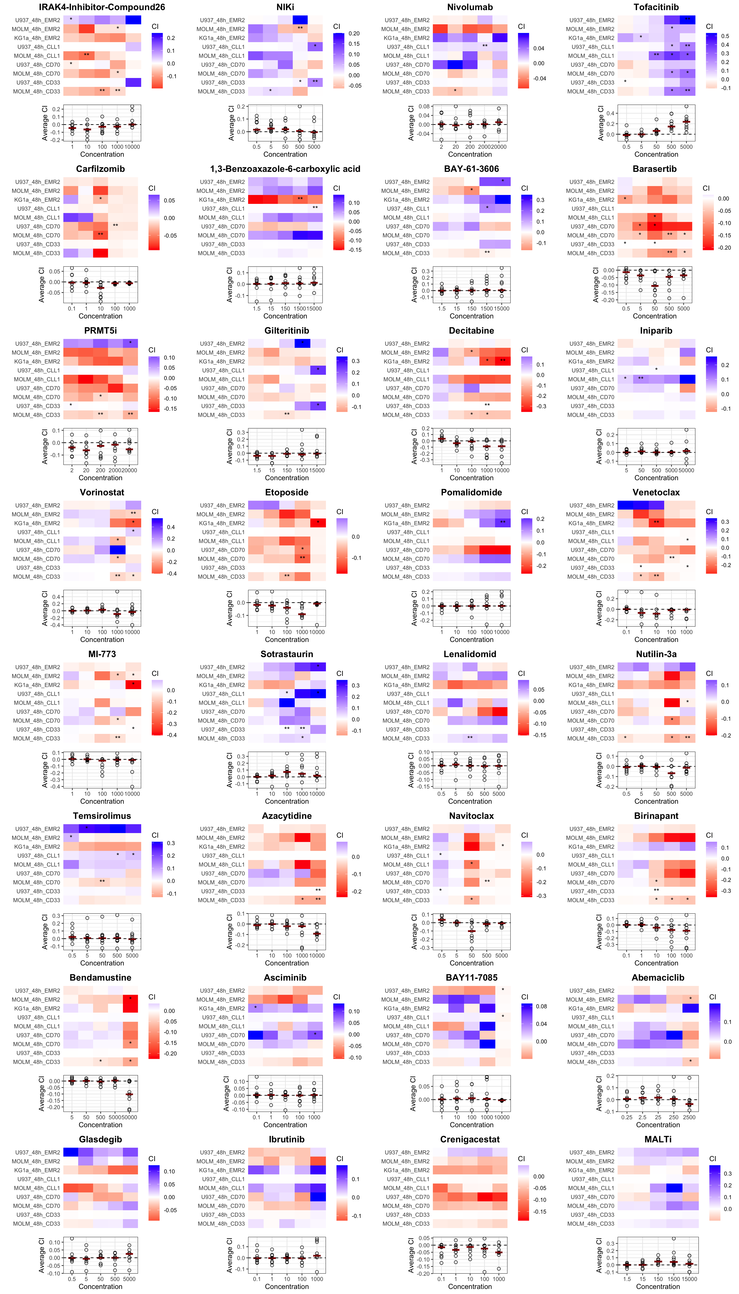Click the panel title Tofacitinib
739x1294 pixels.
point(656,7)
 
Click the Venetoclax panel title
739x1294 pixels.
point(656,492)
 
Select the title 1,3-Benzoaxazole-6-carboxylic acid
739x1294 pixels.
point(285,168)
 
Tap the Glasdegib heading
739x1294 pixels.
point(101,1139)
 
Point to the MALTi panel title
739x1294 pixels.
point(658,1139)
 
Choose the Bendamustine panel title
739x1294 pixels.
point(101,978)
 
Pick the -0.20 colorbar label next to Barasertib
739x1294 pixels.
point(724,248)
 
